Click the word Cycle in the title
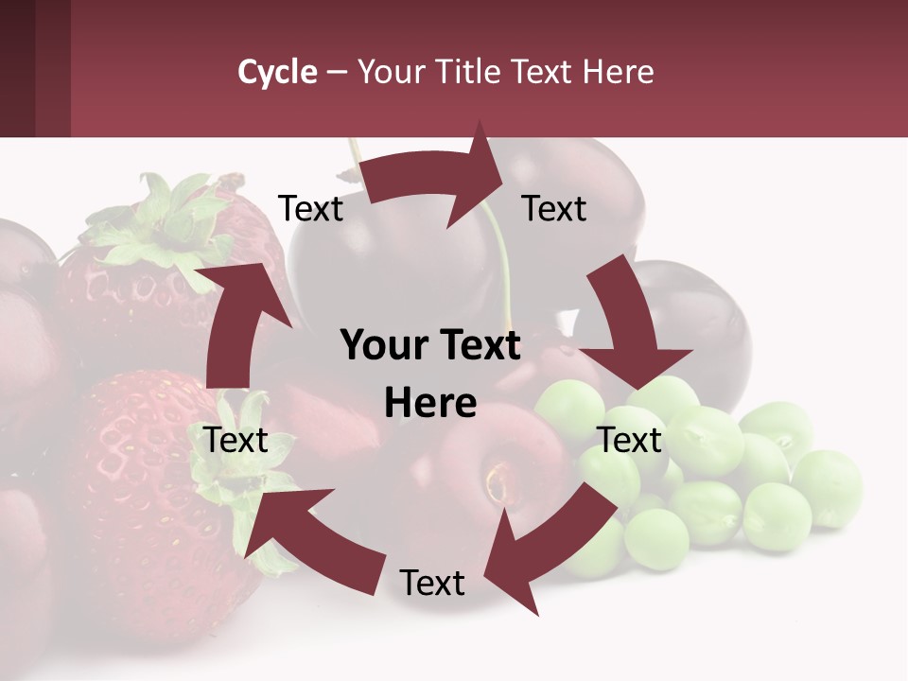pos(277,72)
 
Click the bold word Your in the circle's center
pos(376,346)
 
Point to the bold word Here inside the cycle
pos(430,404)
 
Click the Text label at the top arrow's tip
pos(554,209)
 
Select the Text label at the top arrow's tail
pos(310,209)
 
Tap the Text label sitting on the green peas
pos(630,440)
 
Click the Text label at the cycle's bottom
pos(432,583)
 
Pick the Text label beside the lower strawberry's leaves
pos(236,440)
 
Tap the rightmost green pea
pos(828,487)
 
